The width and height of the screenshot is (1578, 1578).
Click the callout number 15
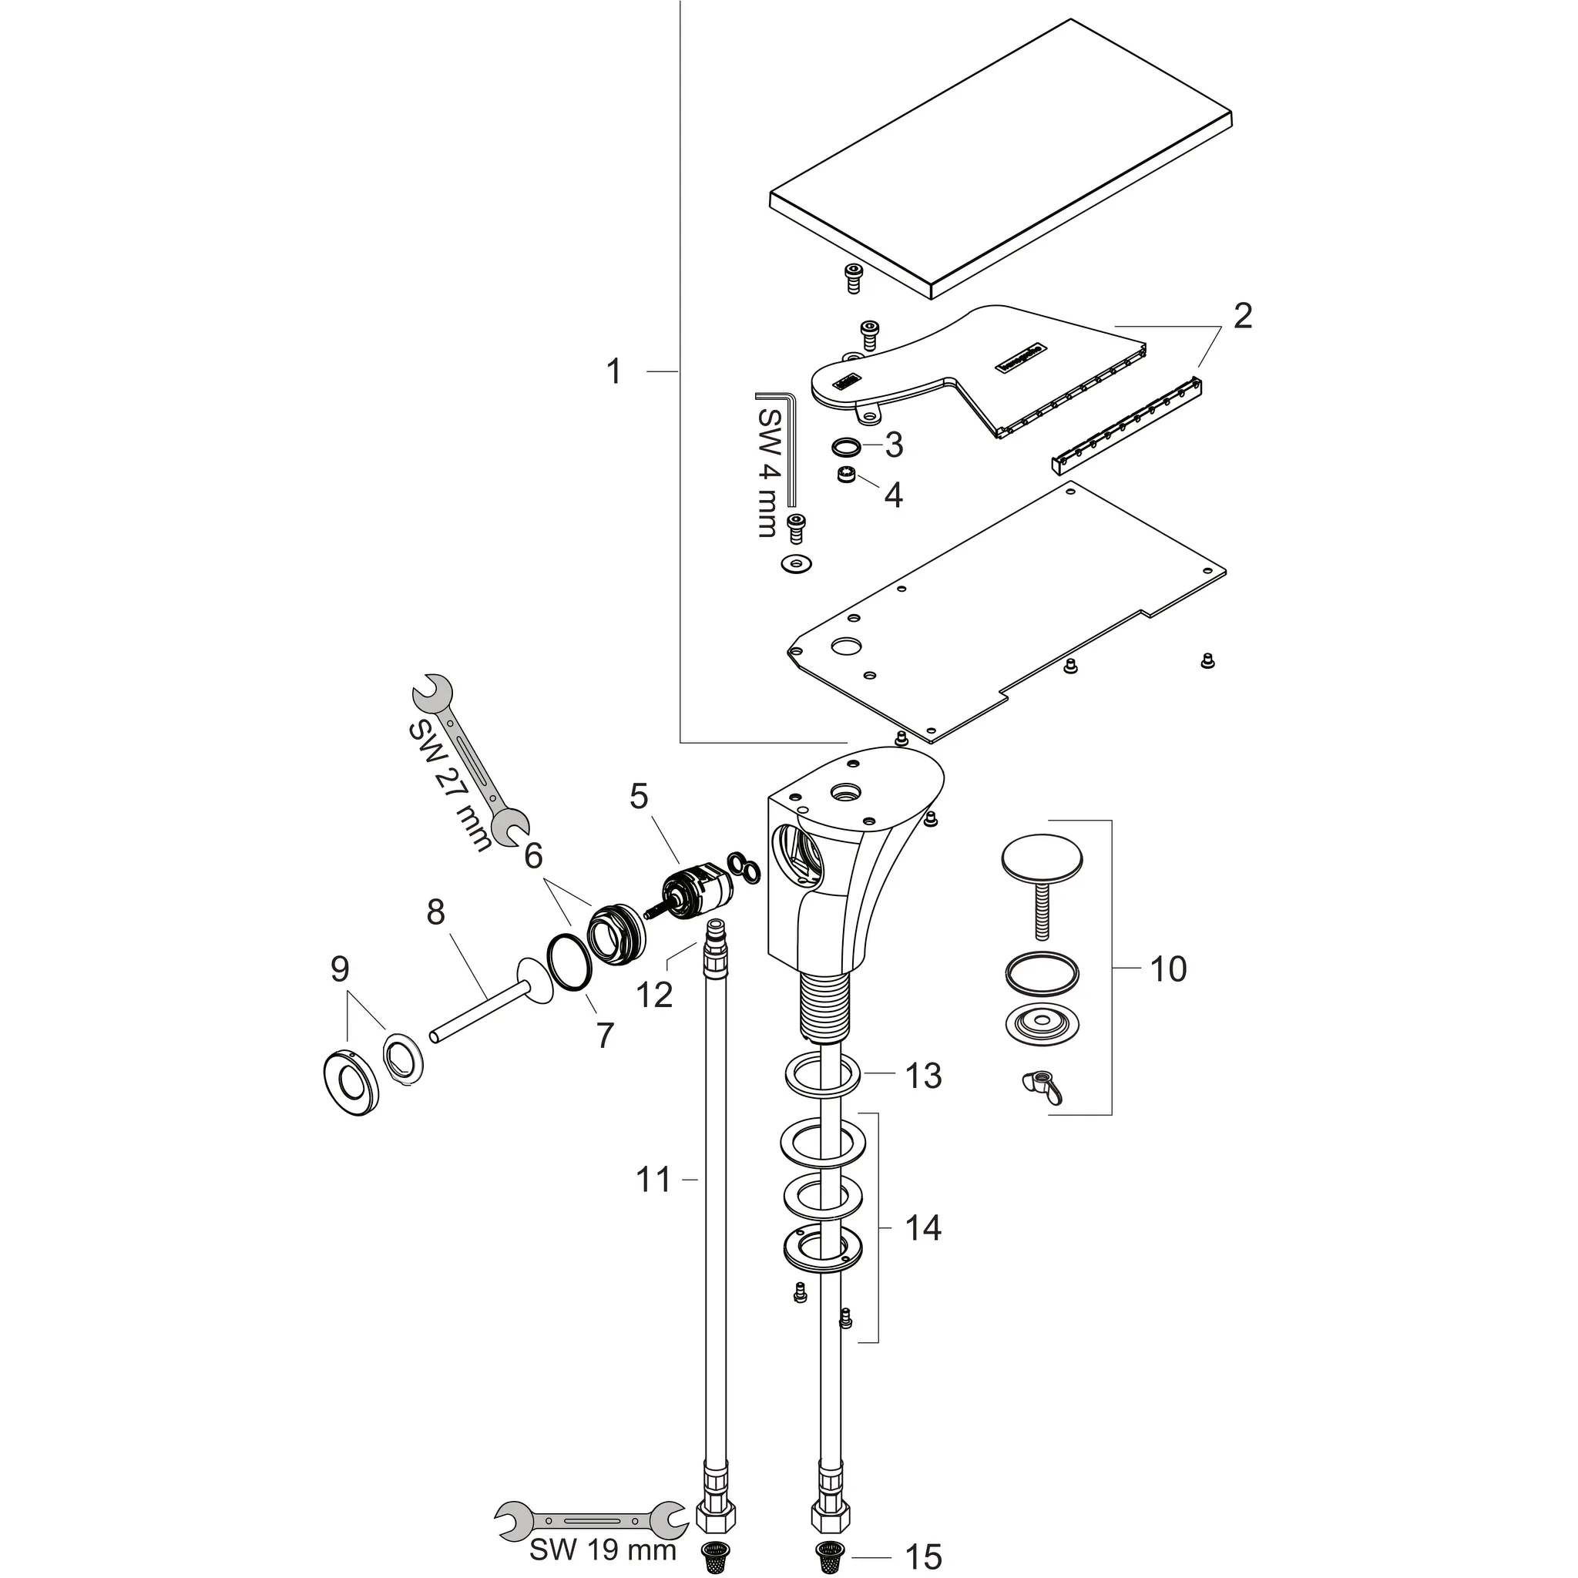(x=923, y=1556)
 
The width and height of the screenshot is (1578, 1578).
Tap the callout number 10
(x=1167, y=969)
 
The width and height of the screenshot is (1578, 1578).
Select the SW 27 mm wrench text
(x=450, y=785)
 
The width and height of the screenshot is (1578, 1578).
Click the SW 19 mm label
(x=603, y=1549)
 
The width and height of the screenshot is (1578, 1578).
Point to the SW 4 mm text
(x=768, y=472)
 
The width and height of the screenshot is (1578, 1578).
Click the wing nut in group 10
(x=1039, y=1086)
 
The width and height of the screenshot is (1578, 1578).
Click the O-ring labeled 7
(x=569, y=964)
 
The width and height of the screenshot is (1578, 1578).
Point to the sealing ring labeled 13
(x=821, y=1076)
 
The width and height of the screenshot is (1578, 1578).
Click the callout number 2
(x=1241, y=315)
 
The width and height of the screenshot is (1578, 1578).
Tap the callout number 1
(x=614, y=371)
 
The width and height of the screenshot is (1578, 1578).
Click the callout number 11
(x=653, y=1180)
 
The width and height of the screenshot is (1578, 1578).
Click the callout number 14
(x=923, y=1228)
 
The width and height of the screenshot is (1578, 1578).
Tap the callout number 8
(x=435, y=912)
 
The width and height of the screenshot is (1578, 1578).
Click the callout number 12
(x=654, y=995)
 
